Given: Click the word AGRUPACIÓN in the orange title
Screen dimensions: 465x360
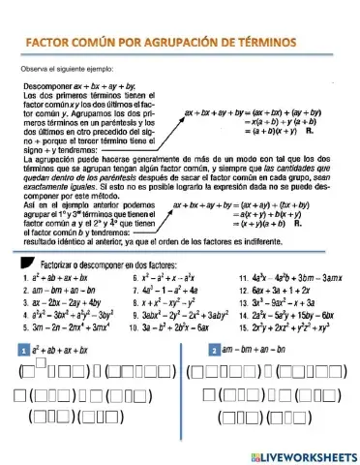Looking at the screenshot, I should pyautogui.click(x=191, y=44).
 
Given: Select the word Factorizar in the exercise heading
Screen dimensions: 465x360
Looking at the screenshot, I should pyautogui.click(x=58, y=263).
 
